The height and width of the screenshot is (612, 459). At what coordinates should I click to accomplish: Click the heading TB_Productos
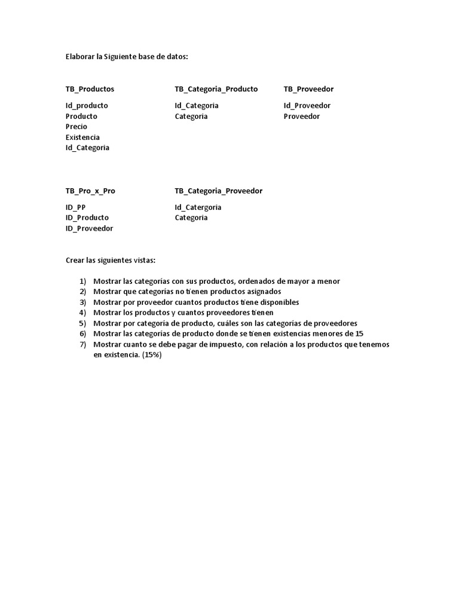click(x=90, y=89)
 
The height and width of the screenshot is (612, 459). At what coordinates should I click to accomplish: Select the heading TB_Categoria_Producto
click(x=216, y=89)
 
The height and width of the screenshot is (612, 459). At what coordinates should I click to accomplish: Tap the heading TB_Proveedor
click(x=308, y=89)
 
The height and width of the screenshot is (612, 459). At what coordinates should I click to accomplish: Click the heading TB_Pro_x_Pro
click(x=90, y=191)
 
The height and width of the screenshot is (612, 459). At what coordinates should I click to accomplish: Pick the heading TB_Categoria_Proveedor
click(x=218, y=191)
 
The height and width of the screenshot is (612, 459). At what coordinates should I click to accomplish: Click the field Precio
click(x=76, y=127)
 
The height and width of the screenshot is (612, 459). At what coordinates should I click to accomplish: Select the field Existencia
click(x=82, y=137)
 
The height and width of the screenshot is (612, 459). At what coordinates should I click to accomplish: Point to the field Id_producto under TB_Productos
click(x=87, y=106)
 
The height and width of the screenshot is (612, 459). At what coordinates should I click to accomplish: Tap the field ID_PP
click(x=76, y=207)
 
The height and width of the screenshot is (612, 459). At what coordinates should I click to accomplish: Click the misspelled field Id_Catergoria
click(x=198, y=207)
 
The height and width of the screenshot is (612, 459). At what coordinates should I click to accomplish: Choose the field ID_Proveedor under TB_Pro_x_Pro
click(x=89, y=228)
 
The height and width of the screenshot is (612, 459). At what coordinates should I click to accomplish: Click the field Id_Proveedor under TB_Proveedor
click(x=307, y=106)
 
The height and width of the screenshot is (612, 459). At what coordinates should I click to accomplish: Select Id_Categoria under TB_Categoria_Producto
click(x=197, y=106)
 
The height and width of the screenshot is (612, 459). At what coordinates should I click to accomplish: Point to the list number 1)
click(x=82, y=281)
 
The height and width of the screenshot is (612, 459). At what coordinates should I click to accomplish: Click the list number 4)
click(x=82, y=313)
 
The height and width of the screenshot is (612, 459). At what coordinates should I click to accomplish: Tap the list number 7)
click(x=82, y=344)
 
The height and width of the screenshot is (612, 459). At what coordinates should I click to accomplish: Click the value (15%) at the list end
click(x=152, y=354)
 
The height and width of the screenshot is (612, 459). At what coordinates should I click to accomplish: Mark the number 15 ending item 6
click(x=359, y=333)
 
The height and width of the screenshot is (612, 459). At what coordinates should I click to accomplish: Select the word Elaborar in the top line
click(x=79, y=57)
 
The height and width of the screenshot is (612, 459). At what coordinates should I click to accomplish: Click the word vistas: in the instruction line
click(x=143, y=261)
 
